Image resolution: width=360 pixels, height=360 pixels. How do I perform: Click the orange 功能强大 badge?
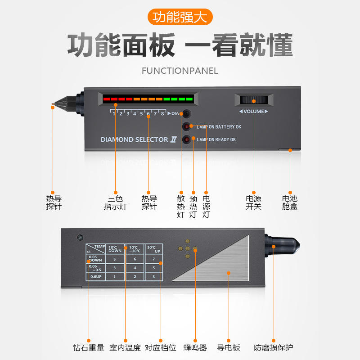pyautogui.click(x=180, y=17)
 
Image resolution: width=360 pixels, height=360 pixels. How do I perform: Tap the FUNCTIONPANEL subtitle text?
pyautogui.click(x=180, y=71)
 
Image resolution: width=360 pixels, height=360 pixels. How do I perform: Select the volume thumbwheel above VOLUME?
pyautogui.click(x=254, y=100)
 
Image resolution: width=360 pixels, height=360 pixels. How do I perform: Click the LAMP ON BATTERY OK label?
pyautogui.click(x=219, y=127)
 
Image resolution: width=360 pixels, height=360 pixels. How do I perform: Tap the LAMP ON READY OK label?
pyautogui.click(x=216, y=139)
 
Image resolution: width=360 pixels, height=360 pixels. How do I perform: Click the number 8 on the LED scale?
pyautogui.click(x=162, y=114)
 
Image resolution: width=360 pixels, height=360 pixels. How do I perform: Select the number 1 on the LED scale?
pyautogui.click(x=114, y=114)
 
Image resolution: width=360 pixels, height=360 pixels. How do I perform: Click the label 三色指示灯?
pyautogui.click(x=115, y=202)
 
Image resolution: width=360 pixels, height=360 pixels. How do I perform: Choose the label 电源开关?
pyautogui.click(x=253, y=202)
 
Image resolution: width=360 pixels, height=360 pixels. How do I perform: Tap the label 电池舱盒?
pyautogui.click(x=289, y=202)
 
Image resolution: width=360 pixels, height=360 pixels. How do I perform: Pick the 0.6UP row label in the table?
pyautogui.click(x=96, y=276)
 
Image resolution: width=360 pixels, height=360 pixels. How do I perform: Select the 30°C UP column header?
pyautogui.click(x=153, y=249)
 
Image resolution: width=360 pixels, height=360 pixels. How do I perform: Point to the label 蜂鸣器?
pyautogui.click(x=195, y=348)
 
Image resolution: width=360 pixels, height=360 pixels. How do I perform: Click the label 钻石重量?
pyautogui.click(x=88, y=348)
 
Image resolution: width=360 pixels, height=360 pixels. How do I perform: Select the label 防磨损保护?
pyautogui.click(x=273, y=348)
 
